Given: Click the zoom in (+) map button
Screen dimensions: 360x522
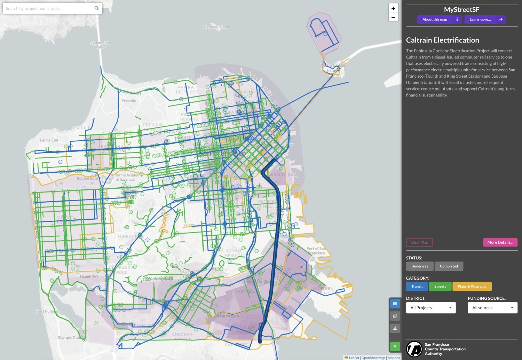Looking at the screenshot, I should click(x=393, y=8).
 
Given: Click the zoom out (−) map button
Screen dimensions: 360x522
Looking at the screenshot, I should click(x=393, y=17).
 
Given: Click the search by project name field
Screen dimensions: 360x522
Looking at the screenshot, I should click(x=49, y=8).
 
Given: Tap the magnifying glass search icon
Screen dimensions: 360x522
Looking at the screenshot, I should click(x=97, y=8).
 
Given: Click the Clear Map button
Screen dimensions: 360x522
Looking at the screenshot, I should click(x=419, y=242).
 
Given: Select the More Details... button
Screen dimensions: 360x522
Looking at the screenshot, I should click(x=500, y=242).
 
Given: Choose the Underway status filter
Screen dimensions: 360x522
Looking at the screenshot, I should click(x=420, y=266).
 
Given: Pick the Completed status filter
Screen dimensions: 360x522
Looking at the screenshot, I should click(x=449, y=266).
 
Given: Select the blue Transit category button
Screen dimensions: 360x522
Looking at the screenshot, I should click(x=417, y=287).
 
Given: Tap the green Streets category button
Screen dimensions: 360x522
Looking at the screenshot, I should click(x=440, y=287).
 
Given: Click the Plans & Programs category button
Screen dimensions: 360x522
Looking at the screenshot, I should click(x=472, y=287).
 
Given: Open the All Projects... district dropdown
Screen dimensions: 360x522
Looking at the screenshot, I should click(x=431, y=308).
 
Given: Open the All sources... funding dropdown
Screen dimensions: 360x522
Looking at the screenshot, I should click(x=492, y=308).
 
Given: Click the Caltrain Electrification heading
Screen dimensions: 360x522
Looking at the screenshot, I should click(x=443, y=40).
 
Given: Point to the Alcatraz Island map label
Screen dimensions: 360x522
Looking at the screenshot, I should click(x=216, y=27).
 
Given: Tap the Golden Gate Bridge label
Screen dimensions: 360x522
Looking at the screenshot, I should click(x=100, y=45).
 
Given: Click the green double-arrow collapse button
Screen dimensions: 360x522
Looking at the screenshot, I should click(x=395, y=346).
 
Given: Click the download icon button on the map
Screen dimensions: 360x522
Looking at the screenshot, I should click(x=395, y=328).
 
